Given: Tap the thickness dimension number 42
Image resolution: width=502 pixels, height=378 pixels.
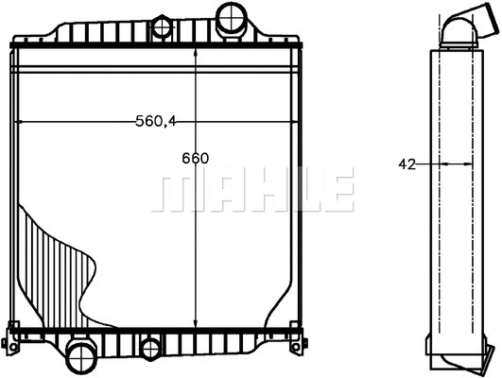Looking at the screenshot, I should pos(407,163).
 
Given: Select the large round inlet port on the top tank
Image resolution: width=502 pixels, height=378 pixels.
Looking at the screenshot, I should pos(230,16).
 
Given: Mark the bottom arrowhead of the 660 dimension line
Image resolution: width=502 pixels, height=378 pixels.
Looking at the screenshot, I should pos(195,322).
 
